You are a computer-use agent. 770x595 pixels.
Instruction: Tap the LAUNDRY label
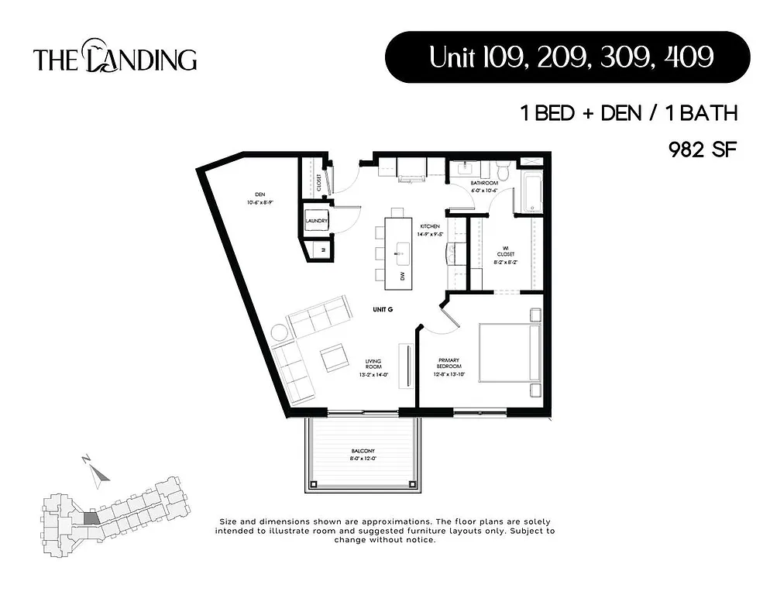pyautogui.click(x=317, y=221)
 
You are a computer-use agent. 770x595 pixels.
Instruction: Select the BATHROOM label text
pyautogui.click(x=485, y=183)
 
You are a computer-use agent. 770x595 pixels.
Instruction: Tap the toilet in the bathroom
pyautogui.click(x=503, y=170)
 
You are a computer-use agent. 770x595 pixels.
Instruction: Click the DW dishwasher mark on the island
pyautogui.click(x=402, y=276)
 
